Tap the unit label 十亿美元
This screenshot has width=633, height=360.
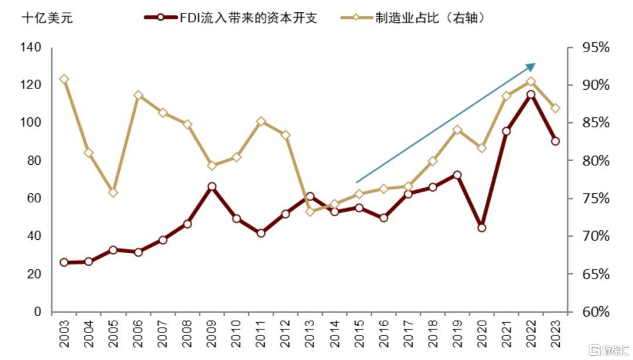coord(47,18)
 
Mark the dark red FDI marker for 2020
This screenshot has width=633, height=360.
coord(482,227)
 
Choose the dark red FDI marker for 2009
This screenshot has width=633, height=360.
coord(212,186)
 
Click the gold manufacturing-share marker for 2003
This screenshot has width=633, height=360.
coord(64,79)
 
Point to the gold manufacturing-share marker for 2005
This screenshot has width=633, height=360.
coord(113,192)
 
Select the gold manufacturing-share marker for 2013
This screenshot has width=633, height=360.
coord(310,212)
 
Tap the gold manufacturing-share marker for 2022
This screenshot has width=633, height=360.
coord(531,81)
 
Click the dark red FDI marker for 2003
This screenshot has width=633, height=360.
coord(64,262)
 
